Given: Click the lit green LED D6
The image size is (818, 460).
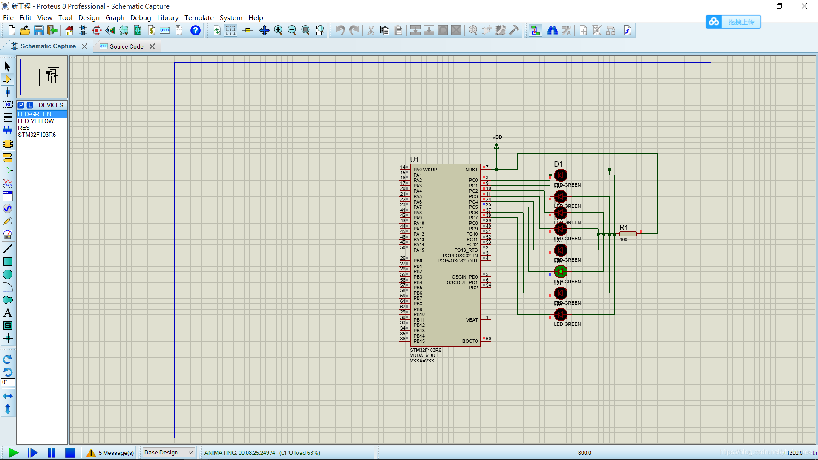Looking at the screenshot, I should tap(561, 272).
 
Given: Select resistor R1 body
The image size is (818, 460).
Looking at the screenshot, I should tap(628, 234).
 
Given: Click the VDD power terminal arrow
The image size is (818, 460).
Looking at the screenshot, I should tap(497, 146).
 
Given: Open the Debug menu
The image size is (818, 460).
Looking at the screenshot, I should tap(141, 17).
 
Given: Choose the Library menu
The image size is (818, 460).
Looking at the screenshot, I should tap(167, 17).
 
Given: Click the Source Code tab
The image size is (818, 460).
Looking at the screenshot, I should tap(126, 46).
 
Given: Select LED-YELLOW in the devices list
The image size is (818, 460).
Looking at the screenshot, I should tap(36, 121).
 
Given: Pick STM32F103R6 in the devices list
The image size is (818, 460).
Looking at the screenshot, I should tap(37, 135).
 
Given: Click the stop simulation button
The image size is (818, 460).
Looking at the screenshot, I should tap(70, 453).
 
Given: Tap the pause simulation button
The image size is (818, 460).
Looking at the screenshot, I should tap(52, 453).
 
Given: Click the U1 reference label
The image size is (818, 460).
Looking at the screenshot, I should tap(414, 160).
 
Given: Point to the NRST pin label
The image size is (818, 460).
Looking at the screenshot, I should tap(471, 170).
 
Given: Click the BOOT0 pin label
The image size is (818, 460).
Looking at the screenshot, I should tap(470, 341).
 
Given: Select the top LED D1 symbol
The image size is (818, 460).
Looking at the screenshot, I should tap(561, 175).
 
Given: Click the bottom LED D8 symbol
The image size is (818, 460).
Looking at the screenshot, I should tap(561, 315).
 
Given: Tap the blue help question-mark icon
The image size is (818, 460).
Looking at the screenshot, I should tap(196, 30).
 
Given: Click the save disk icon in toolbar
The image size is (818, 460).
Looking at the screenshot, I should tap(39, 30).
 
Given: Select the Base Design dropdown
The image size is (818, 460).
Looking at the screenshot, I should tap(169, 452).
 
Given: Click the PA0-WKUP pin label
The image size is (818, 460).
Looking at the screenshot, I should tap(425, 170).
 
